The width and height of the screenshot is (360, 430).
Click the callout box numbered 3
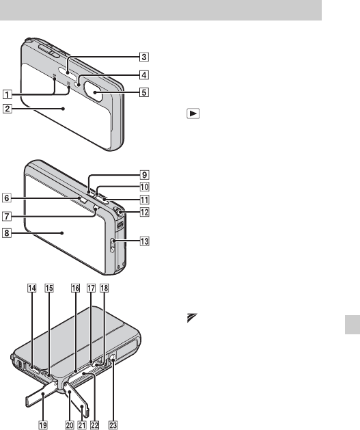click(x=144, y=57)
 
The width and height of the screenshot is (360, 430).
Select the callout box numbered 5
click(x=144, y=92)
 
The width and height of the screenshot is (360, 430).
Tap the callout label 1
click(x=7, y=94)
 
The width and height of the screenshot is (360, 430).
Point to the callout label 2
click(x=7, y=109)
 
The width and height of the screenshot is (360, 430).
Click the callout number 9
click(x=144, y=175)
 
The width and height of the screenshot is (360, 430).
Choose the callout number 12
click(x=144, y=212)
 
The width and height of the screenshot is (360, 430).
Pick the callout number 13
click(x=144, y=241)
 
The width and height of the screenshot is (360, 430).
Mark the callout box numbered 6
click(x=7, y=198)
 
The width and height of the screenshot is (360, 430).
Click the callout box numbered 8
click(x=7, y=233)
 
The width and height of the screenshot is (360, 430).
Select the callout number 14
click(x=32, y=288)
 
